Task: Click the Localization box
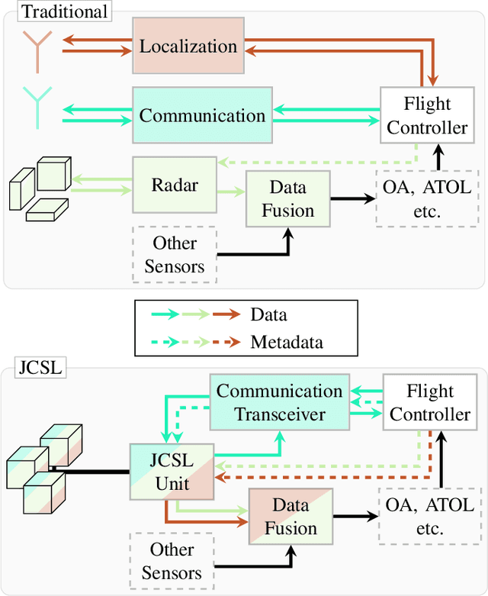188,46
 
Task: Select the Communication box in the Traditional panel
202,116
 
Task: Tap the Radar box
175,186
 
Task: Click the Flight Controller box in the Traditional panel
427,116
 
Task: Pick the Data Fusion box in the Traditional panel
287,198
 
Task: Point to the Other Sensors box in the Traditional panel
175,255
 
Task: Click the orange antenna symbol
34,48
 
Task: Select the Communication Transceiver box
280,402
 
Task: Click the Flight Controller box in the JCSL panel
427,402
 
